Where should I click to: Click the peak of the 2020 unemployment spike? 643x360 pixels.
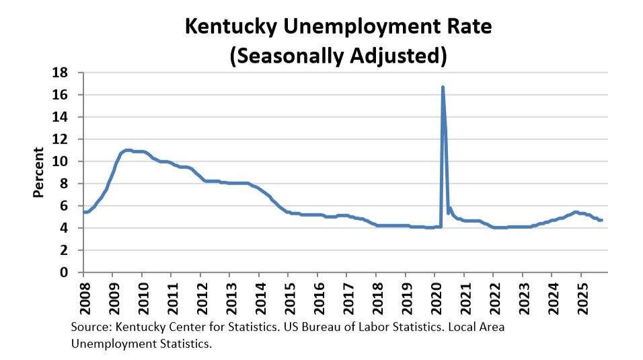pos(443,87)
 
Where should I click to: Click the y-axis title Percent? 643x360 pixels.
pos(39,173)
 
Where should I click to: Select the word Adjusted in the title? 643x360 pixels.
pos(397,55)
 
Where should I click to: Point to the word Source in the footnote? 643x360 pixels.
pos(89,327)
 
